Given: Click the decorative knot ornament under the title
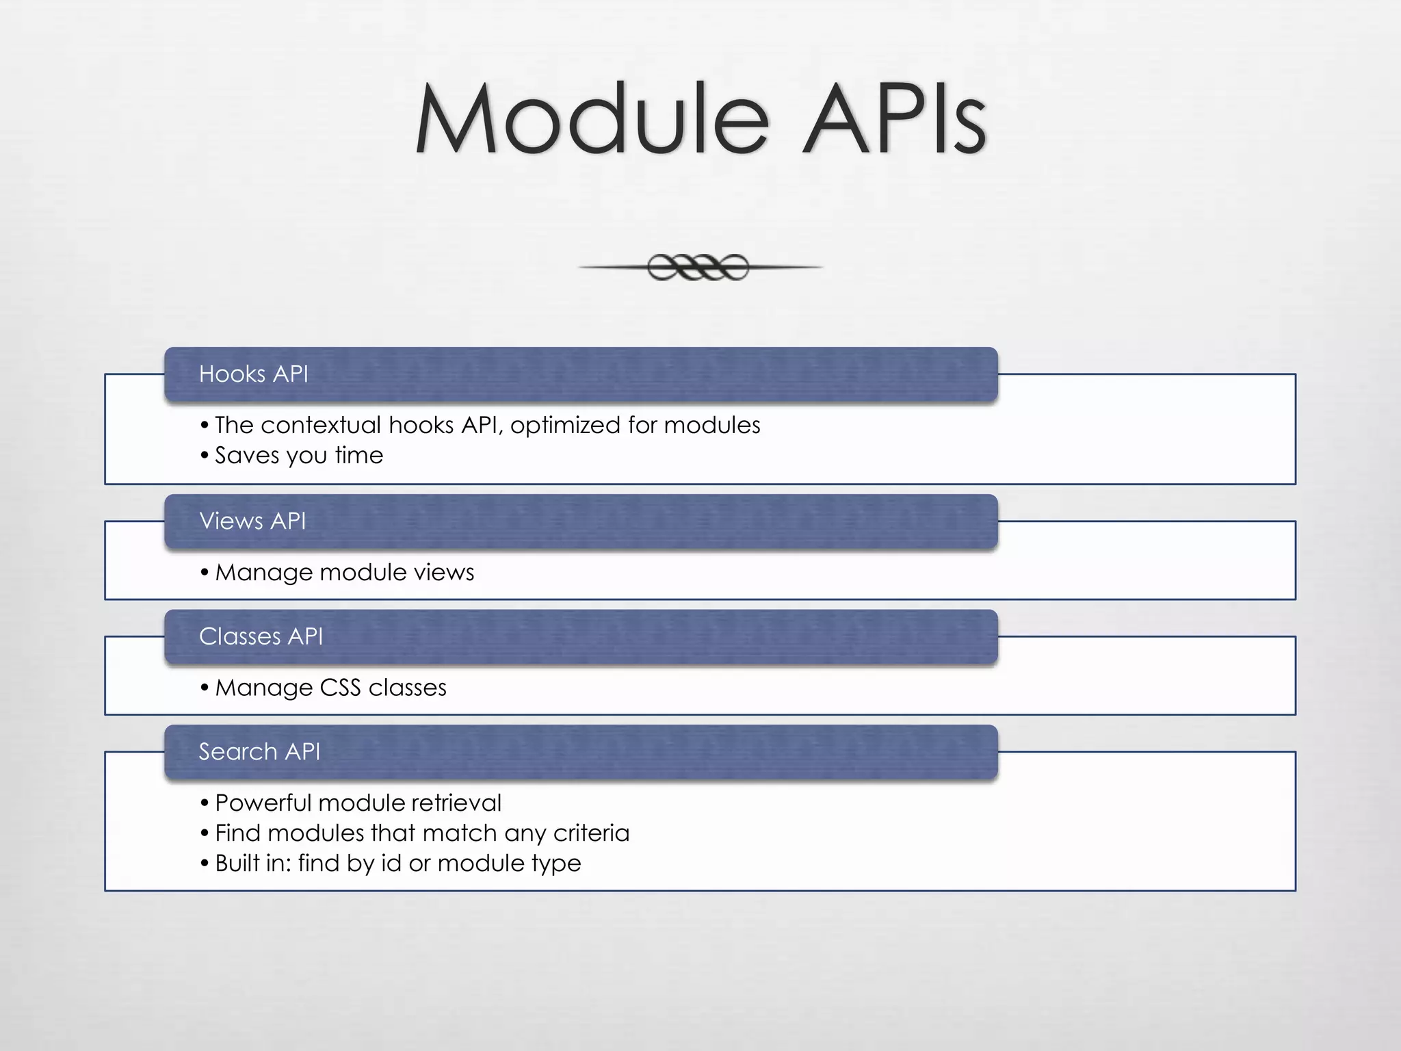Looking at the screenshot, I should click(698, 267).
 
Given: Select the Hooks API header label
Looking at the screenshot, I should click(253, 374).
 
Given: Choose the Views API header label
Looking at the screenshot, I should click(252, 521).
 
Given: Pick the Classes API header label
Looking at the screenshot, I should click(261, 636).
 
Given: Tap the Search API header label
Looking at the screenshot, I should click(259, 752).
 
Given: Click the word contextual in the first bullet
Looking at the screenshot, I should click(321, 426).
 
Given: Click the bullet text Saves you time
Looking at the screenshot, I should click(299, 456).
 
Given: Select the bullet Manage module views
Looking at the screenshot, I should click(344, 573).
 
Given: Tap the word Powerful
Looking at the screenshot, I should click(263, 803).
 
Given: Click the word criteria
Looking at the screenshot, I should click(591, 833).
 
